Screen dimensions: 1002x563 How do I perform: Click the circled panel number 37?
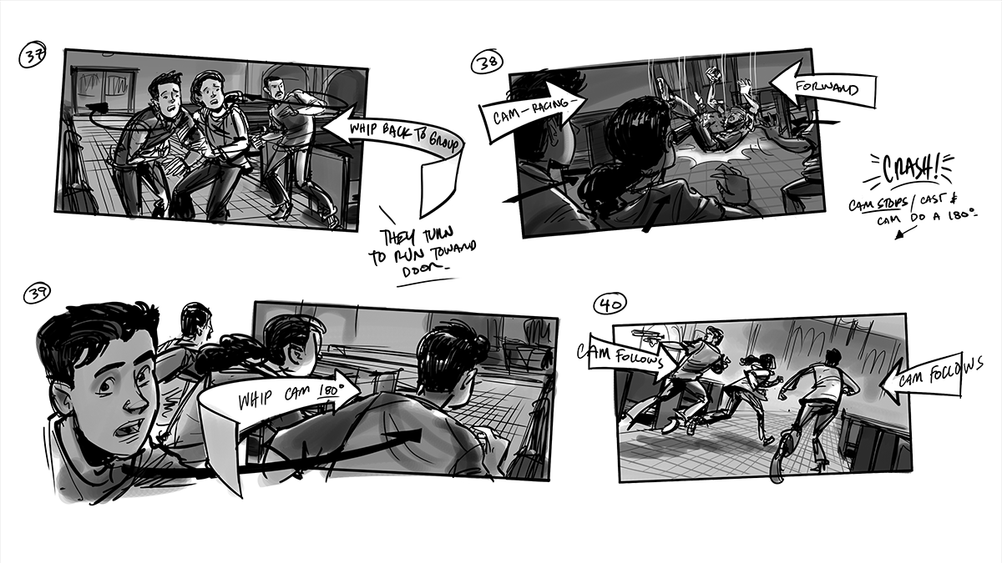(x=33, y=56)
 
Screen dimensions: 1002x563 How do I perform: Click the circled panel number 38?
(x=487, y=62)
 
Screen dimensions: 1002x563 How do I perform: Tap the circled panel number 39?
(x=37, y=294)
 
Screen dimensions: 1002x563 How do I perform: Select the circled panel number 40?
(x=610, y=304)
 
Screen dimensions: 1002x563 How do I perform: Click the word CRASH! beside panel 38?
(x=910, y=168)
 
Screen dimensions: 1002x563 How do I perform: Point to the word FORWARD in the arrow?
(x=827, y=87)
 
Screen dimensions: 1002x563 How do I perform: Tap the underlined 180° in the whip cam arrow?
(x=331, y=390)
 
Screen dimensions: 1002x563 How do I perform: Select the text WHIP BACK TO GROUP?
(x=403, y=135)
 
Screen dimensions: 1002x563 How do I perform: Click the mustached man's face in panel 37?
(x=274, y=89)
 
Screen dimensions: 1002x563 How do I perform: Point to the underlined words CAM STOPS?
(x=877, y=204)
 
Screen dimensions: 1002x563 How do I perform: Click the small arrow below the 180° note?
(x=904, y=233)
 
